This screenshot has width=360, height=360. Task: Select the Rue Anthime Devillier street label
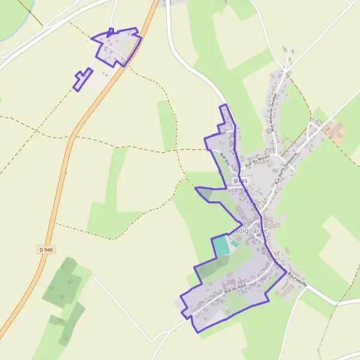click(274, 112)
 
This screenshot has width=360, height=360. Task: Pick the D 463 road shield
click(241, 181)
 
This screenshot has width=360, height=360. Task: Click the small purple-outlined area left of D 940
click(82, 80)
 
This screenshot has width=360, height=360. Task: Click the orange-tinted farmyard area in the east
click(334, 130)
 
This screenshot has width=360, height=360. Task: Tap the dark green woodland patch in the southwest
click(62, 282)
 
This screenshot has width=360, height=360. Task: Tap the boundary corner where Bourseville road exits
click(286, 271)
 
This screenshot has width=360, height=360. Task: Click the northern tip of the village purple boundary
click(225, 105)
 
